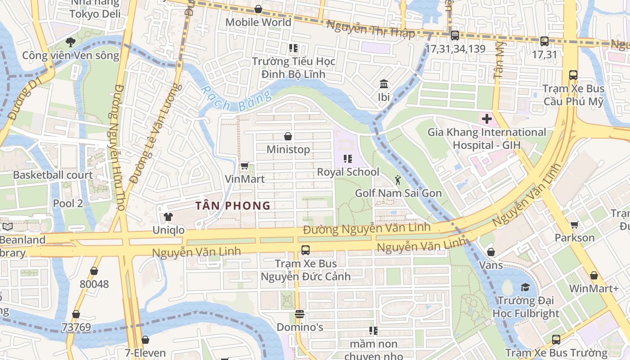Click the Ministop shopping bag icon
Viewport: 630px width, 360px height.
288,136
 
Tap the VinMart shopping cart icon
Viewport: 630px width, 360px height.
244,166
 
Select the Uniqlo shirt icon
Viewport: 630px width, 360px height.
168,217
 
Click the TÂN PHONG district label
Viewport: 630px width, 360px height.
233,206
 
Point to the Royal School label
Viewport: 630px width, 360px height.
348,172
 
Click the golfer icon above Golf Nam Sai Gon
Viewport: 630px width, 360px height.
398,180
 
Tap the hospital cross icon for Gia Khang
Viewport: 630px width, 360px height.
486,119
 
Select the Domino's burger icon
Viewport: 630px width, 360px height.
300,314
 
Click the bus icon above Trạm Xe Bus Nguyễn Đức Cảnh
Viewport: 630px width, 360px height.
305,250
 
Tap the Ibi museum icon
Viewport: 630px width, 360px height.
384,84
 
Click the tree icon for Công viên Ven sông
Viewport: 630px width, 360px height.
70,42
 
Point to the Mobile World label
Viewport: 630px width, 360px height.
258,22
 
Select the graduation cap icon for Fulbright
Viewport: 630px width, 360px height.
525,287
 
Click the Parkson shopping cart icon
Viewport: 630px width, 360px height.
574,225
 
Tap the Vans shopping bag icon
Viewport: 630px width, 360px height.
490,252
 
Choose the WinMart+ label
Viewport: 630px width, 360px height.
594,288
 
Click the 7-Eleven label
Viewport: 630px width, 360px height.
145,353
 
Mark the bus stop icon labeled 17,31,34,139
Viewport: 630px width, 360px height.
455,36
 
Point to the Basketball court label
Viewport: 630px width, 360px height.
53,175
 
